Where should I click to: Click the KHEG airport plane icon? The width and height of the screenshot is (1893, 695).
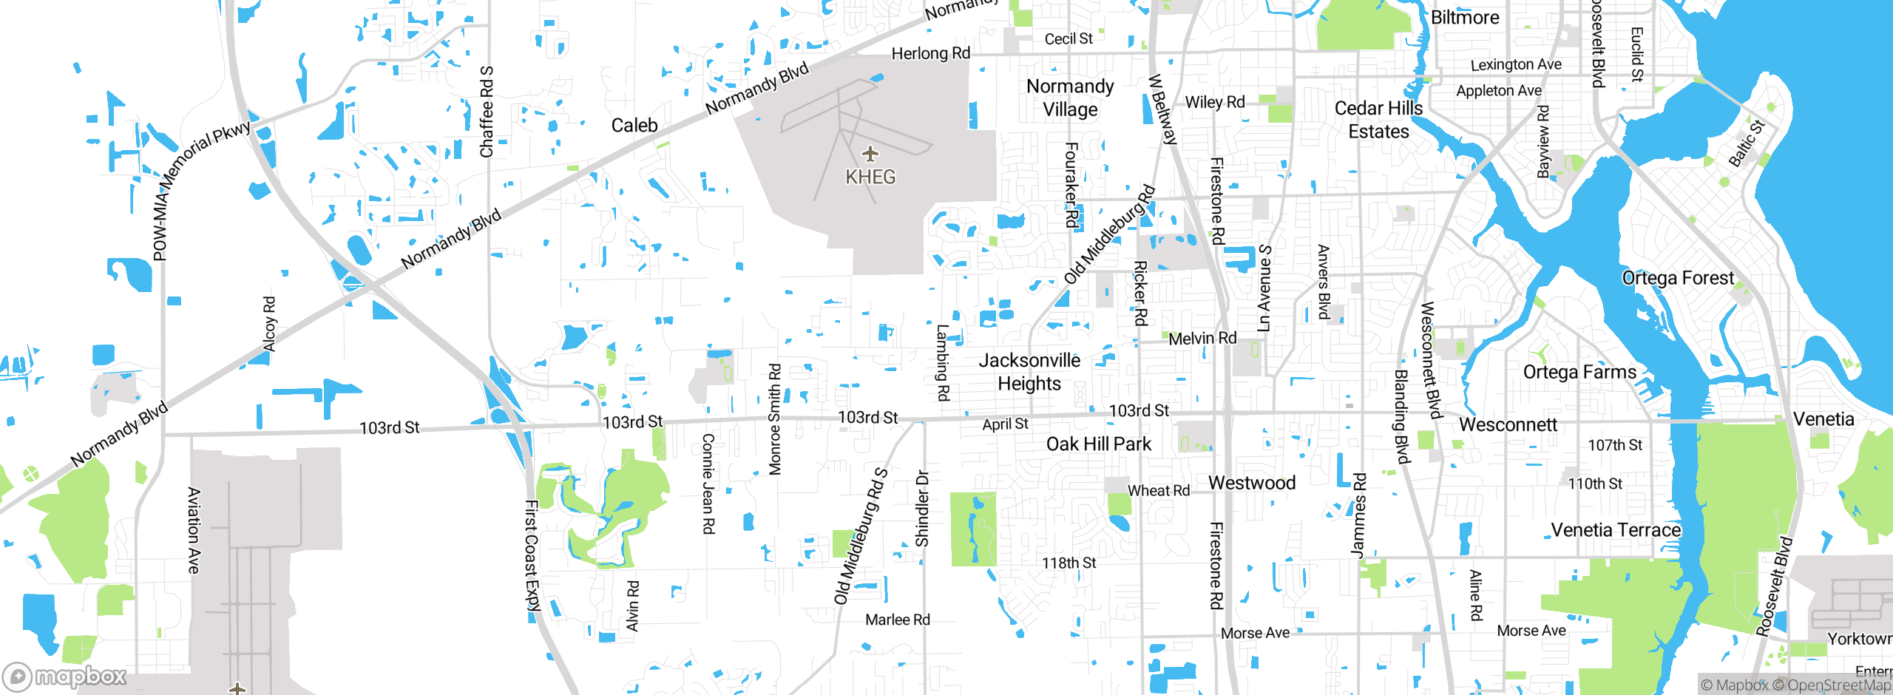pyautogui.click(x=870, y=154)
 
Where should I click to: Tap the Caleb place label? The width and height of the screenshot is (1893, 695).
pyautogui.click(x=634, y=126)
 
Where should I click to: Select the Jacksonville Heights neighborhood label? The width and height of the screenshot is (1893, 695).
pyautogui.click(x=1029, y=372)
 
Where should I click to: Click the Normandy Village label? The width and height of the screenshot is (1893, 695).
pyautogui.click(x=1070, y=98)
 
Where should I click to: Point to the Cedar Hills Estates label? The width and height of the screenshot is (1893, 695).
pyautogui.click(x=1378, y=120)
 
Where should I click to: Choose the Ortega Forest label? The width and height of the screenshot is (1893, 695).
pyautogui.click(x=1677, y=278)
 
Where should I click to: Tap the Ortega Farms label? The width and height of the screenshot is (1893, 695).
pyautogui.click(x=1579, y=372)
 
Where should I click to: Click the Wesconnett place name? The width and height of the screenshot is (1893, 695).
pyautogui.click(x=1508, y=424)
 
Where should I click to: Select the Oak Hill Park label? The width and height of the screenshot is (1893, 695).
pyautogui.click(x=1098, y=444)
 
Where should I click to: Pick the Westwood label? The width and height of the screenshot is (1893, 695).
pyautogui.click(x=1252, y=483)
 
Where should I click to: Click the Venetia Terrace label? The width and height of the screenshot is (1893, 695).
pyautogui.click(x=1616, y=530)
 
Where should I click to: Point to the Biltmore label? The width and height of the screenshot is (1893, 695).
pyautogui.click(x=1465, y=18)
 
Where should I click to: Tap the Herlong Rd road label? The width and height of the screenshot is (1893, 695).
pyautogui.click(x=930, y=53)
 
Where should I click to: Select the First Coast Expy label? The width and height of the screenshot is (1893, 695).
pyautogui.click(x=532, y=555)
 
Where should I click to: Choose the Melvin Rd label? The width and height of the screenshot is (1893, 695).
pyautogui.click(x=1202, y=339)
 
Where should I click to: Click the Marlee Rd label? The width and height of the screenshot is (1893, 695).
pyautogui.click(x=897, y=620)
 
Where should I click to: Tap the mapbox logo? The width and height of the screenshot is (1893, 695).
pyautogui.click(x=65, y=676)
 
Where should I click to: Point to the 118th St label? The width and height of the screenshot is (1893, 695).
pyautogui.click(x=1069, y=563)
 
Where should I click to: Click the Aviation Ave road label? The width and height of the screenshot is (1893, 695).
pyautogui.click(x=194, y=530)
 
